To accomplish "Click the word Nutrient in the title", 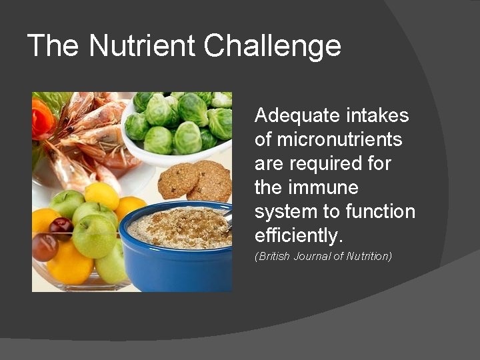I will (143, 46).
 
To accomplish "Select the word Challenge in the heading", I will (273, 47).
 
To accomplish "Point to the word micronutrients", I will (329, 140).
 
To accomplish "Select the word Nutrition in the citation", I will (369, 256).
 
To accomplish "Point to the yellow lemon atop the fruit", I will (101, 195).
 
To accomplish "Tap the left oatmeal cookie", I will (177, 180).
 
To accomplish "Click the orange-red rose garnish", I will (41, 121).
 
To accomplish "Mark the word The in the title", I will (55, 46).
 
